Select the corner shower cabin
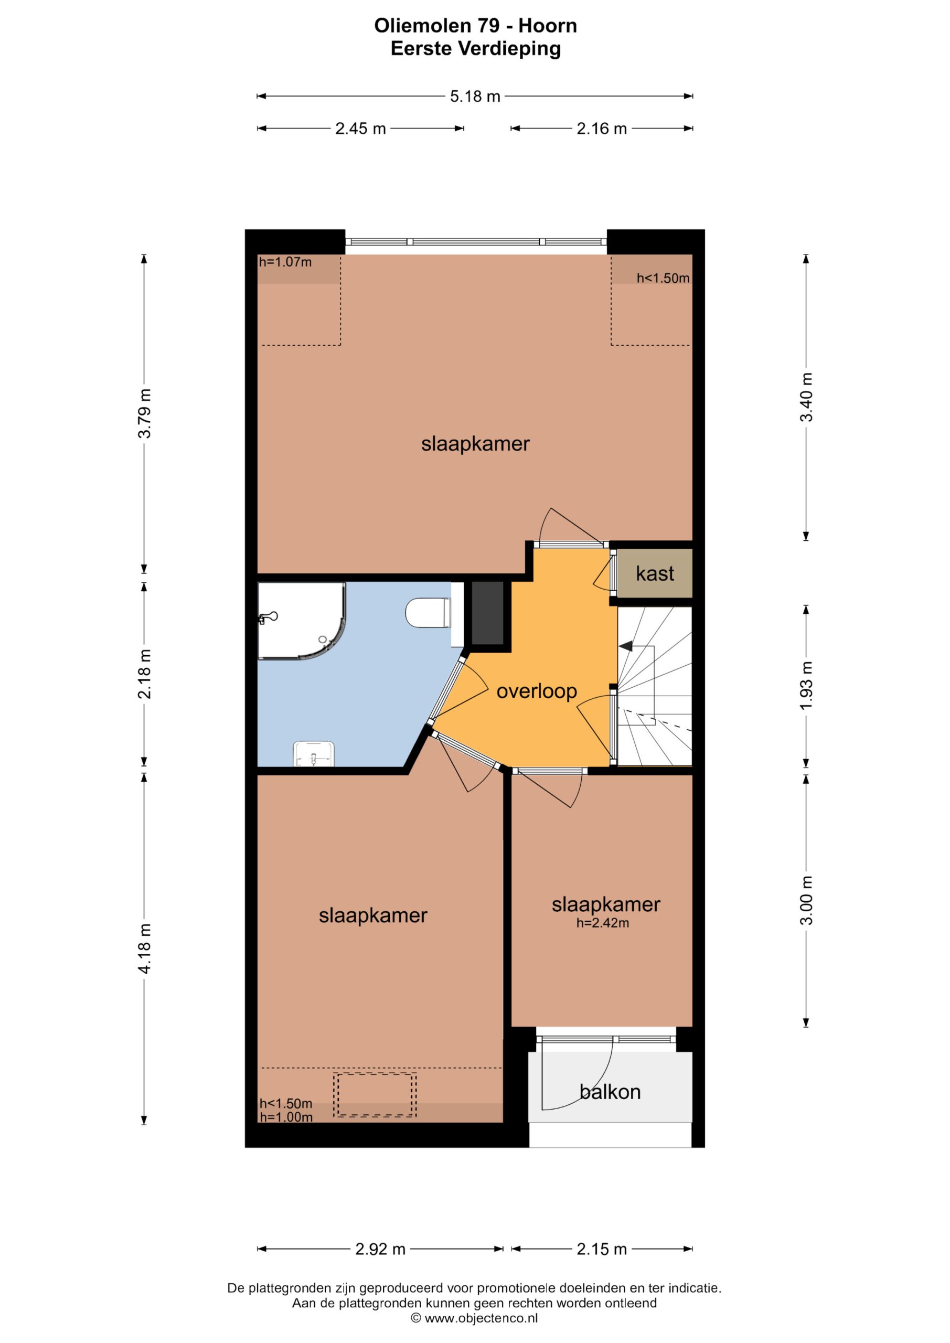click(302, 621)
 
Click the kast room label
click(655, 574)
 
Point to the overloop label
click(537, 691)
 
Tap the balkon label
click(610, 1092)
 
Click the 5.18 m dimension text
click(475, 97)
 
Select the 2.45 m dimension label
click(360, 129)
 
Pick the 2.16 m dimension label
click(601, 129)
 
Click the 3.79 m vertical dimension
click(144, 413)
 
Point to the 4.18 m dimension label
click(144, 949)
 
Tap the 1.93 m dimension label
click(806, 686)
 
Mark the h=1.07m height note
click(285, 262)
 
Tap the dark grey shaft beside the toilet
click(488, 613)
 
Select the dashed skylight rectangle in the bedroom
click(375, 1095)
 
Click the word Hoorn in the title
click(548, 26)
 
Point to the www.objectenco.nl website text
click(481, 1318)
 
